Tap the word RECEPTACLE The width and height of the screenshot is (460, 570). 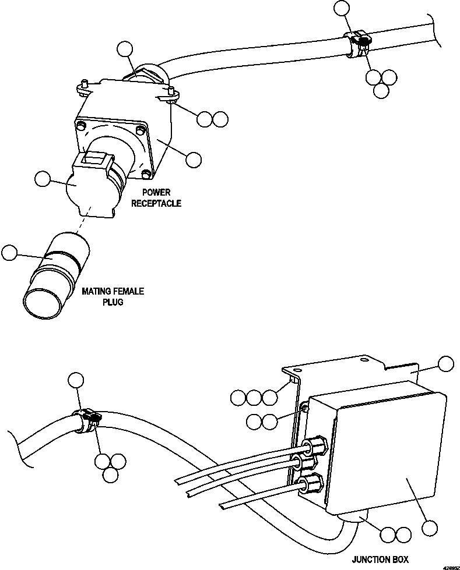coord(156,203)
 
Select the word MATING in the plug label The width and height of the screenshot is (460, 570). coord(96,291)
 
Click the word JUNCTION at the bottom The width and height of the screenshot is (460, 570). coord(371,560)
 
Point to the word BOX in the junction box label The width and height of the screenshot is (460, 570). coord(400,560)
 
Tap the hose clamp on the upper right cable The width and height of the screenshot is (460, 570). coord(359,45)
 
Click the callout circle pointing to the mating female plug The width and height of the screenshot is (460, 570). coord(9,253)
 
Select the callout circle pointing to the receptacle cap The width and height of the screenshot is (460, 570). coord(42,180)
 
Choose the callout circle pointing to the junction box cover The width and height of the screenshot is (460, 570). coord(430,528)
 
